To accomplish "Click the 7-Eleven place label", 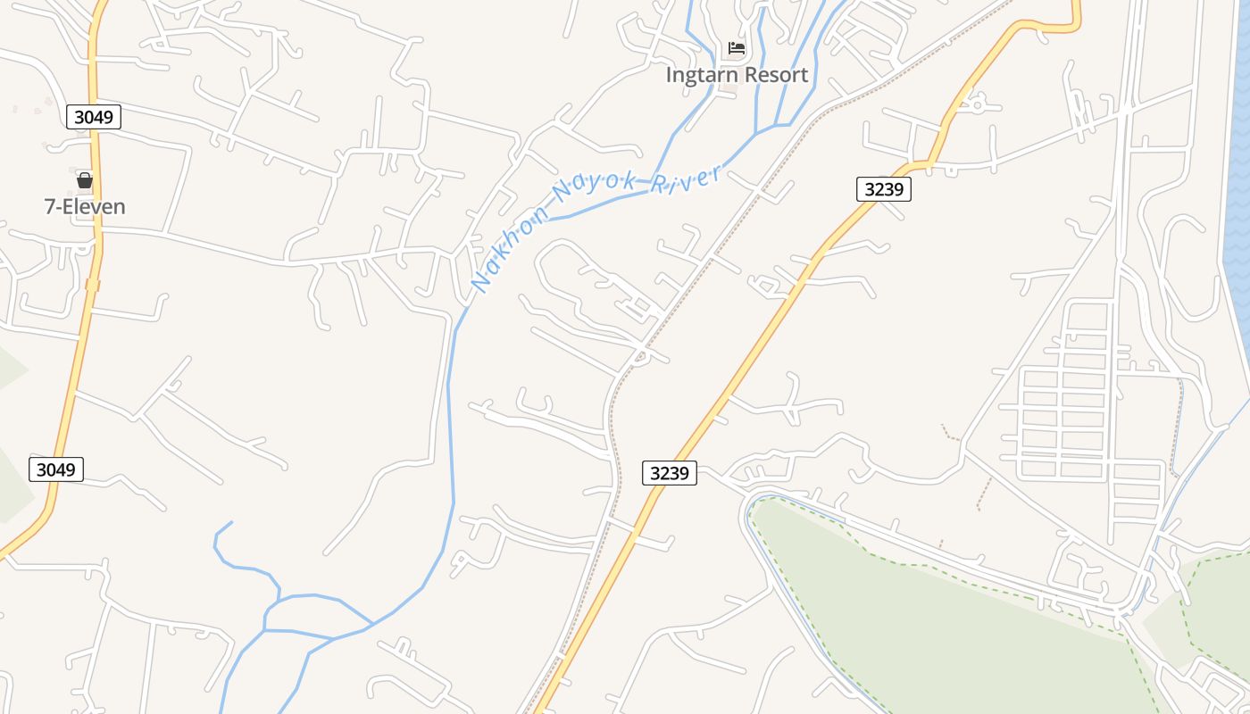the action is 85,207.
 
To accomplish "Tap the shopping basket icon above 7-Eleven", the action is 85,180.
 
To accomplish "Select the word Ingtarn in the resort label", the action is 701,75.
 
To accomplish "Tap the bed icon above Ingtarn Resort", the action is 737,48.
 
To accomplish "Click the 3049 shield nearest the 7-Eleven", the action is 93,117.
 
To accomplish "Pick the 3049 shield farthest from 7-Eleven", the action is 56,469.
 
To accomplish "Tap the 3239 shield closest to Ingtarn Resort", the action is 883,188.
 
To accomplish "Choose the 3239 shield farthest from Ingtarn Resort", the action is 669,473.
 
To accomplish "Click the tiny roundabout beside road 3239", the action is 975,104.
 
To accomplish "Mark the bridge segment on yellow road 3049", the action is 92,285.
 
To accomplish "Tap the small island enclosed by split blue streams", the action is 300,616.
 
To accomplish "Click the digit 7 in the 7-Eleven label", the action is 50,207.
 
